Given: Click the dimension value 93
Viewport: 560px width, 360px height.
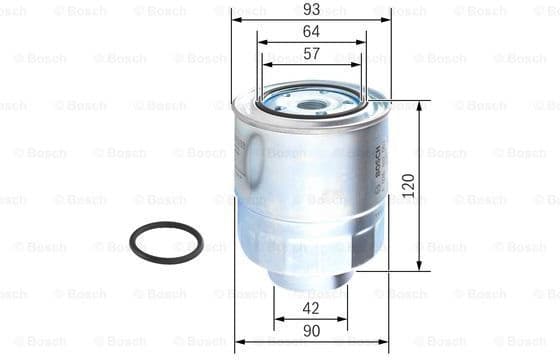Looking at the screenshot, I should (x=311, y=9).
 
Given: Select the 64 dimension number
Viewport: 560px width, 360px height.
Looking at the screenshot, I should (x=311, y=31).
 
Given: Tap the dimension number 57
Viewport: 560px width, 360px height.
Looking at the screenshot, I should (x=311, y=53).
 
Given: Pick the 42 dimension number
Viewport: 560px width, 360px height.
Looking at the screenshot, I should (x=311, y=309).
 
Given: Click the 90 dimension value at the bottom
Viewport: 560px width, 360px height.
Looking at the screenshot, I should (x=311, y=330).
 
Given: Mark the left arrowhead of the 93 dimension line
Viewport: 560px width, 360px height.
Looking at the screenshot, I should (x=236, y=20).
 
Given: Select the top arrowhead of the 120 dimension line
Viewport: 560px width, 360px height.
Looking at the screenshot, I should (x=418, y=105).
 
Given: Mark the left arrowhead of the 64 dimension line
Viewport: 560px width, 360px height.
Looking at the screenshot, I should (x=260, y=42).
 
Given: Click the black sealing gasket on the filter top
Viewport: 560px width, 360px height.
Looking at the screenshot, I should (x=270, y=103).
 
